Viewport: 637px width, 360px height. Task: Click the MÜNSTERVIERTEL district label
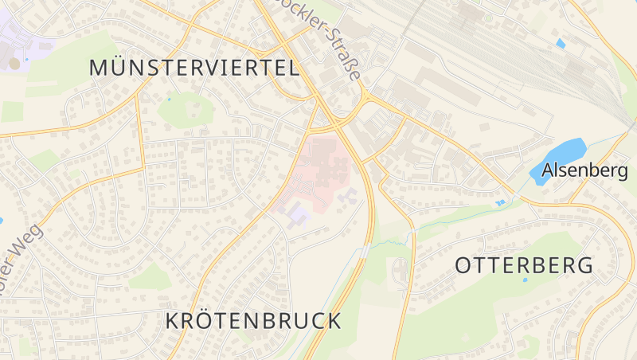[x=194, y=68]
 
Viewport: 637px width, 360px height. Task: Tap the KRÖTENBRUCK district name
[x=253, y=321]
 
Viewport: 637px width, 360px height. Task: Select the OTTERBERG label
[x=524, y=266]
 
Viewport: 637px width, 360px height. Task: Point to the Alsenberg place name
[x=585, y=170]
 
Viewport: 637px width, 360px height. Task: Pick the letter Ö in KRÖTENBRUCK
[x=201, y=320]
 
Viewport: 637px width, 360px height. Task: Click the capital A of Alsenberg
[x=548, y=170]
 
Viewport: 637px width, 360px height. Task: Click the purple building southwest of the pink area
[x=296, y=213]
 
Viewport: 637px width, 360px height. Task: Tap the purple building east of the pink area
[x=347, y=195]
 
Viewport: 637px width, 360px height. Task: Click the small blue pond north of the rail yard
[x=561, y=43]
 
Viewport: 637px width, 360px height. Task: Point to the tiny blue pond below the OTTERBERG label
[x=525, y=280]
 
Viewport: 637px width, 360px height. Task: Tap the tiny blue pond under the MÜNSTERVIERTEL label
[x=169, y=100]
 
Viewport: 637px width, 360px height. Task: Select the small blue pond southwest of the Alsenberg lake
[x=500, y=203]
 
